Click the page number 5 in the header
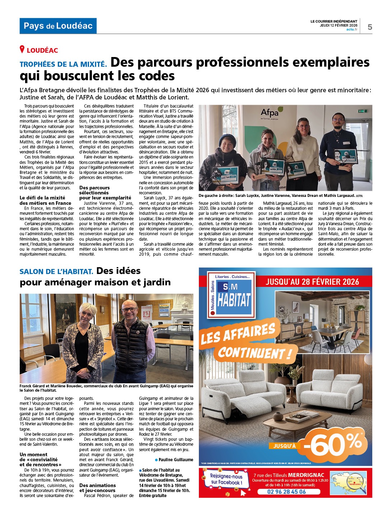point(370,27)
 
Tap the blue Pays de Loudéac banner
point(58,26)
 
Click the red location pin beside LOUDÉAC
point(22,49)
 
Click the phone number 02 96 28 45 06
point(286,492)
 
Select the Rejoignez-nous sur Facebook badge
point(226,479)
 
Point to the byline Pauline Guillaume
point(176,459)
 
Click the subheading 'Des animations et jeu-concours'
point(97,488)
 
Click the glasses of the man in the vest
point(129,309)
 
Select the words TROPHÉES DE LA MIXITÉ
point(63,65)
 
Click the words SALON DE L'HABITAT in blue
point(56,271)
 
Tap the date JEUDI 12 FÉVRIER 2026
point(339,25)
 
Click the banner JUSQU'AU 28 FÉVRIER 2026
point(312,282)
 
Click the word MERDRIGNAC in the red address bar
point(306,475)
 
